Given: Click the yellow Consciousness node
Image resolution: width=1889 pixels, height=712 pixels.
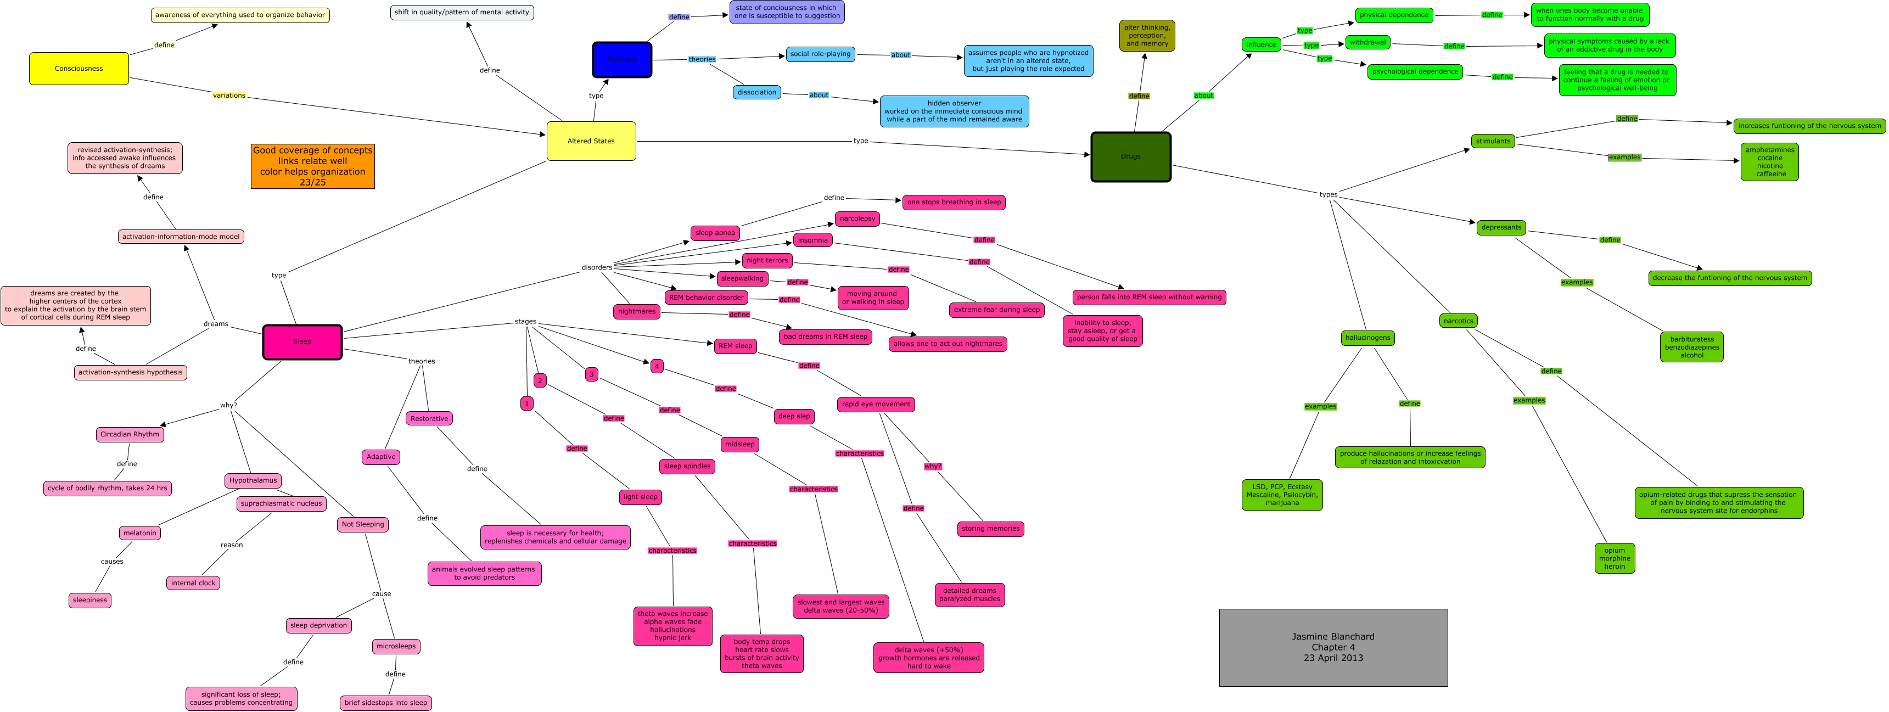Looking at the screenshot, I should (79, 68).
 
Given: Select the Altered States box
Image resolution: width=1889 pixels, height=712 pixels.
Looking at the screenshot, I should (591, 141).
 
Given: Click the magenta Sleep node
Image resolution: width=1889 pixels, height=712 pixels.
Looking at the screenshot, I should (302, 341).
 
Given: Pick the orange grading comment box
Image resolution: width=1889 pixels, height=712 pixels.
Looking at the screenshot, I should (312, 166).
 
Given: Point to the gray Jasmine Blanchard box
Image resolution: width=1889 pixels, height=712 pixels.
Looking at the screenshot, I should (1332, 647).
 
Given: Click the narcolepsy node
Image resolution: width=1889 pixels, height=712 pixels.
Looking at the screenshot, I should (857, 218).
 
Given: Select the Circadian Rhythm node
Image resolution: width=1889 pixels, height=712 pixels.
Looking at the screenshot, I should (130, 434).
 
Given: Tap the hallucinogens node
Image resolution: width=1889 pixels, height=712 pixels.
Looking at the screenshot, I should (1367, 338).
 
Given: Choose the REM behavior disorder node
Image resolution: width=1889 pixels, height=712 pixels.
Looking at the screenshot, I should (706, 298).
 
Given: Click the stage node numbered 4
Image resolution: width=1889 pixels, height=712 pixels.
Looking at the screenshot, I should (657, 366).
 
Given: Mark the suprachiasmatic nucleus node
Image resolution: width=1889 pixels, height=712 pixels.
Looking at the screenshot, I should (282, 504).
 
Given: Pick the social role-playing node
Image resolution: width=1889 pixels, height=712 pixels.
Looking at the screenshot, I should (820, 54).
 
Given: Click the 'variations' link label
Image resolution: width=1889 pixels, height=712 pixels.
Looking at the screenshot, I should (229, 96).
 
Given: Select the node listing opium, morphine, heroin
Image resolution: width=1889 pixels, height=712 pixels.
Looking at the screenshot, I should (1614, 558).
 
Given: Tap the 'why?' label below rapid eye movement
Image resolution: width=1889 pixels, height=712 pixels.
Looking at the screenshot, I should (932, 467).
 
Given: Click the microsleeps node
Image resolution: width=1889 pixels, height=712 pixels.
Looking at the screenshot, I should (396, 646).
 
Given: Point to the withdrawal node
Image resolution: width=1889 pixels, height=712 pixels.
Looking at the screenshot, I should (1367, 42).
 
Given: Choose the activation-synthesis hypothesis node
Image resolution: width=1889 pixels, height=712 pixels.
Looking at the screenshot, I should (131, 373).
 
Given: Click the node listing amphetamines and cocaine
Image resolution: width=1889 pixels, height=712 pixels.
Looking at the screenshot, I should (1769, 161).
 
